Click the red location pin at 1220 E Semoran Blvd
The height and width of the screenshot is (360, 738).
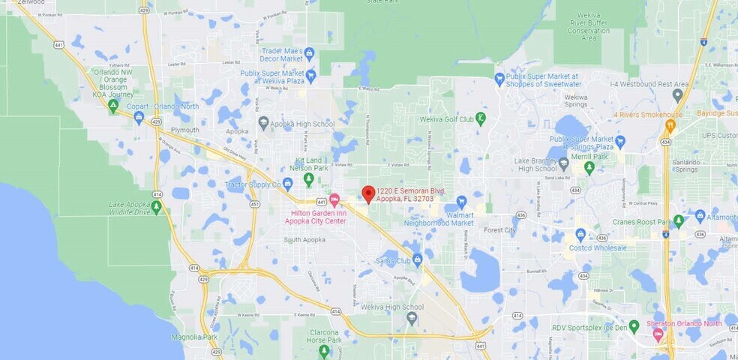click(368, 193)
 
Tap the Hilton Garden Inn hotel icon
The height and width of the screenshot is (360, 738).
click(334, 199)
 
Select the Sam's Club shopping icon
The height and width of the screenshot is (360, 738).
click(417, 259)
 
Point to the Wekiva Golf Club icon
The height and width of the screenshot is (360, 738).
click(481, 118)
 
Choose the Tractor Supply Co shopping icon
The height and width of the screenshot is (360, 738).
click(286, 184)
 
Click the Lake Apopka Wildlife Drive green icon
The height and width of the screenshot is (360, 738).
click(156, 205)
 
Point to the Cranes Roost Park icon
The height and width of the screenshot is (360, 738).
click(678, 221)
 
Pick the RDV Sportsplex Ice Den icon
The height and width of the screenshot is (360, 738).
click(634, 326)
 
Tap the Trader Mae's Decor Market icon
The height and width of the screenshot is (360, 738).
click(308, 52)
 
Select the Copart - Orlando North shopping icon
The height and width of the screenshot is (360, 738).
click(139, 118)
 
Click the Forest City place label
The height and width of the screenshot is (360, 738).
click(499, 230)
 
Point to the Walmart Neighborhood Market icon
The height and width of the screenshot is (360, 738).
click(460, 201)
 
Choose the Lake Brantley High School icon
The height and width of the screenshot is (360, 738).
click(564, 163)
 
